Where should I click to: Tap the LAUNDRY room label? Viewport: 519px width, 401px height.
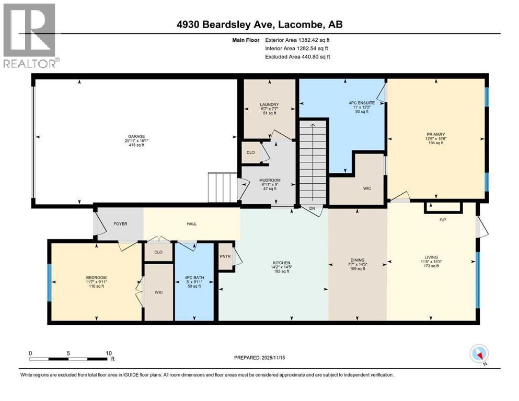(x=269, y=104)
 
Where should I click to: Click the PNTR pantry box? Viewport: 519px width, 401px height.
(x=225, y=256)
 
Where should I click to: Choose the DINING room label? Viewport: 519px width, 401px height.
(x=357, y=260)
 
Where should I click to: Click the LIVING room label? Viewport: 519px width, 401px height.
(x=431, y=257)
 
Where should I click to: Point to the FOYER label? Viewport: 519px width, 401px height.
(x=120, y=224)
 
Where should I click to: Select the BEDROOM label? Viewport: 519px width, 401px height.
(x=96, y=277)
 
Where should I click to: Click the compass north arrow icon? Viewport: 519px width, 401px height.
(x=479, y=354)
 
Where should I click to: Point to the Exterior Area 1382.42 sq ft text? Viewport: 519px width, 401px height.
(x=297, y=40)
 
